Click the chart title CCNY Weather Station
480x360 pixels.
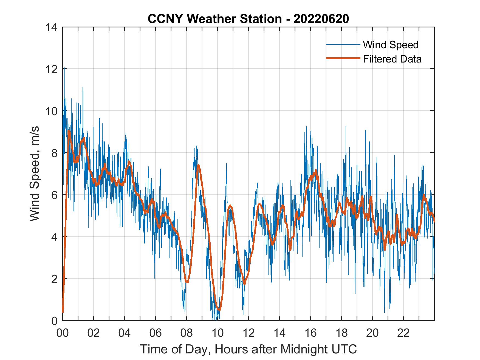(x=214, y=19)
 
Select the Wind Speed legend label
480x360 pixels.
(x=391, y=45)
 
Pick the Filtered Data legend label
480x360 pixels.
(x=392, y=59)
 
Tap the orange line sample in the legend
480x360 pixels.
(x=343, y=58)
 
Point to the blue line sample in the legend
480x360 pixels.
(x=343, y=44)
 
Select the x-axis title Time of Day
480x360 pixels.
(x=248, y=349)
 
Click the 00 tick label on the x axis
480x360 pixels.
(x=63, y=333)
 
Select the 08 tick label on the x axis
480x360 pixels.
(x=187, y=333)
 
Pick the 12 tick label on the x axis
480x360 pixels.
(x=249, y=333)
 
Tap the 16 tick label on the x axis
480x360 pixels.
(x=310, y=333)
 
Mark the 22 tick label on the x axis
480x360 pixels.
(x=403, y=333)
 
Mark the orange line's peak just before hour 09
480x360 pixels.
(x=198, y=165)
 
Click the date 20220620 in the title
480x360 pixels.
(x=321, y=19)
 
